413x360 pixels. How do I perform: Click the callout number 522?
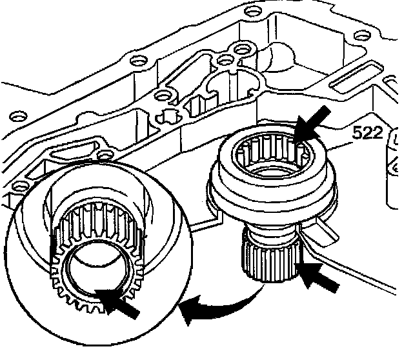coord(368,132)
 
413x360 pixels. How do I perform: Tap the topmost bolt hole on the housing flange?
coord(254,11)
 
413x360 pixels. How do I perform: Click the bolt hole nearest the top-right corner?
coord(362,35)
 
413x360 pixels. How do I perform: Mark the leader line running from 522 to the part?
coord(340,146)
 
